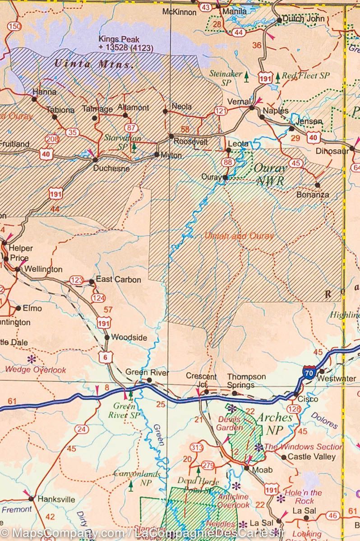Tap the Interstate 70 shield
tap(309, 372)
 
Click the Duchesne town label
tap(111, 169)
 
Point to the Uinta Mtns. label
tap(94, 64)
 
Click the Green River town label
tap(147, 372)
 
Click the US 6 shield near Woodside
tap(106, 358)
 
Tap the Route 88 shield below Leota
tap(228, 162)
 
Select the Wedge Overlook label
tap(36, 370)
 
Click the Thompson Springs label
tap(246, 381)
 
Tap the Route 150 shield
tap(14, 27)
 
